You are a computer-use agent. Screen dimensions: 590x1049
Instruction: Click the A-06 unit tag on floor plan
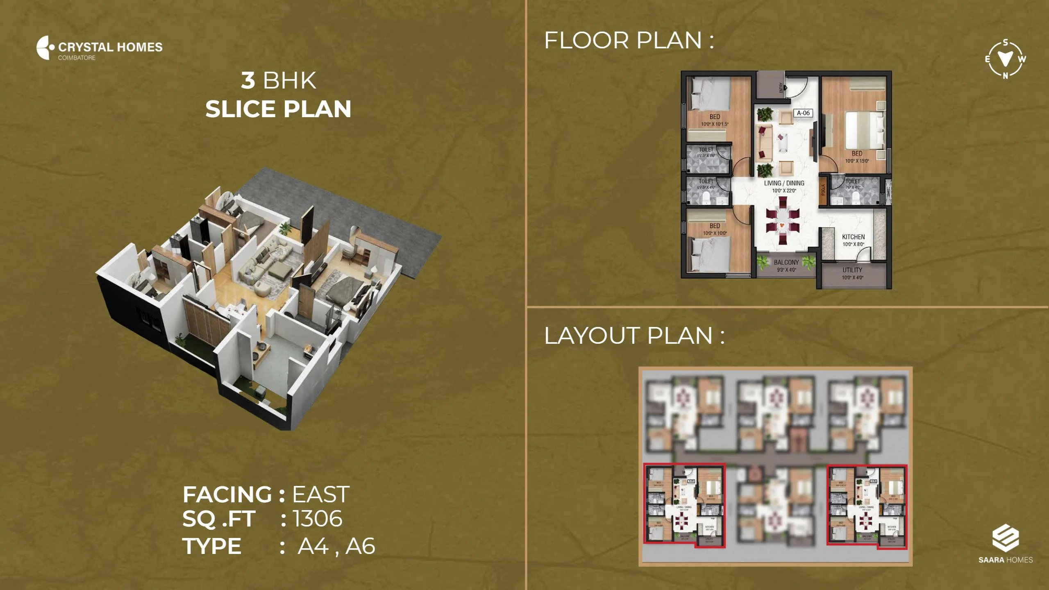pos(803,113)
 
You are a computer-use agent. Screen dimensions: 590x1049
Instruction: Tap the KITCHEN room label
pos(853,237)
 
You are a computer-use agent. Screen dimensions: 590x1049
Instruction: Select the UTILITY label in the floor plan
pos(852,270)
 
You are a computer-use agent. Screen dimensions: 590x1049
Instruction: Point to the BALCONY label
pos(786,262)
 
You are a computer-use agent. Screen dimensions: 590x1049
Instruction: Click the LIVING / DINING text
pos(784,183)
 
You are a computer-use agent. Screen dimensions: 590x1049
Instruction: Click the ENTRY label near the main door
pos(781,88)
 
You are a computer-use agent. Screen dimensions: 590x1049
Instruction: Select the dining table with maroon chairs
pos(783,225)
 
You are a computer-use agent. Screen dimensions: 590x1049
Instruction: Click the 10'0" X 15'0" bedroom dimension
pos(857,161)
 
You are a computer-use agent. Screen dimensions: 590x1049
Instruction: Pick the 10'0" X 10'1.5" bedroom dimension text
pos(715,124)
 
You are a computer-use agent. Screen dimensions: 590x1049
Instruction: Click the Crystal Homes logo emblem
pos(45,48)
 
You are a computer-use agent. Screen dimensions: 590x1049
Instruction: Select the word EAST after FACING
pos(320,495)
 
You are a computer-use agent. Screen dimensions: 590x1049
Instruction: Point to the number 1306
pos(318,519)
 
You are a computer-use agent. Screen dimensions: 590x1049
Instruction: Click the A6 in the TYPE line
pos(360,546)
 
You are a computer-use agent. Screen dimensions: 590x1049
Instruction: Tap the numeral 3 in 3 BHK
pos(248,80)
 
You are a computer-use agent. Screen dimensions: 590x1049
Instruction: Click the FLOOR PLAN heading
pos(629,41)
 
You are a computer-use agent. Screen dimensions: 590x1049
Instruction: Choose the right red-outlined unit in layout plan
pos(867,506)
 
